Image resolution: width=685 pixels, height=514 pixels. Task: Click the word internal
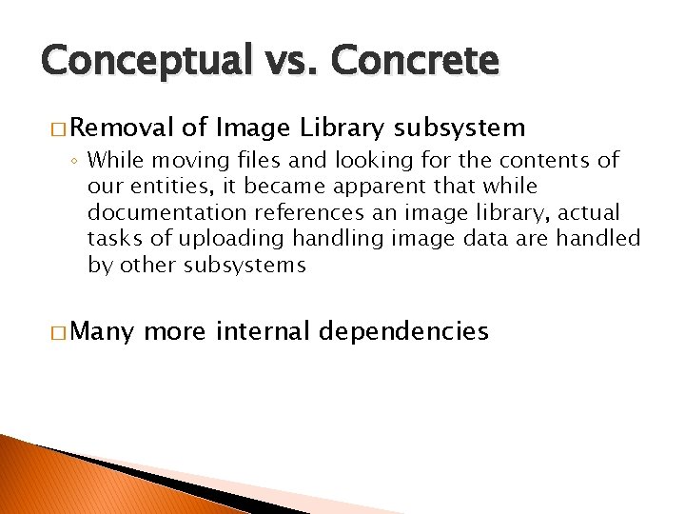[x=266, y=331]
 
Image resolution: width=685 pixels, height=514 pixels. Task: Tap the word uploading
[x=208, y=239]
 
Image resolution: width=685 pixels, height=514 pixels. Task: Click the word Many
[x=103, y=331]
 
